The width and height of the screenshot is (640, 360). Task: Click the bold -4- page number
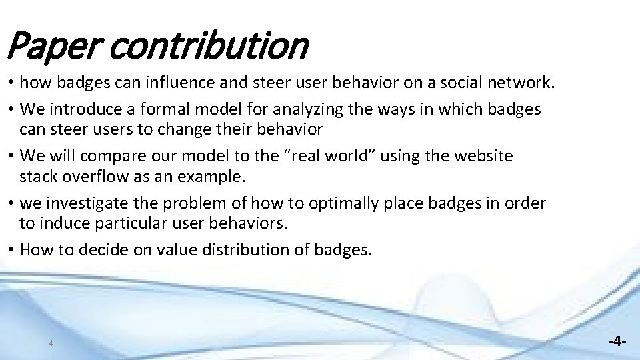point(617,341)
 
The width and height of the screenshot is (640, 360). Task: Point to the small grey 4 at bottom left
point(51,343)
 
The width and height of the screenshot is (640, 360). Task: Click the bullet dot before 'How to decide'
point(12,250)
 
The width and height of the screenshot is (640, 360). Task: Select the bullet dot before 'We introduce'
point(12,109)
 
